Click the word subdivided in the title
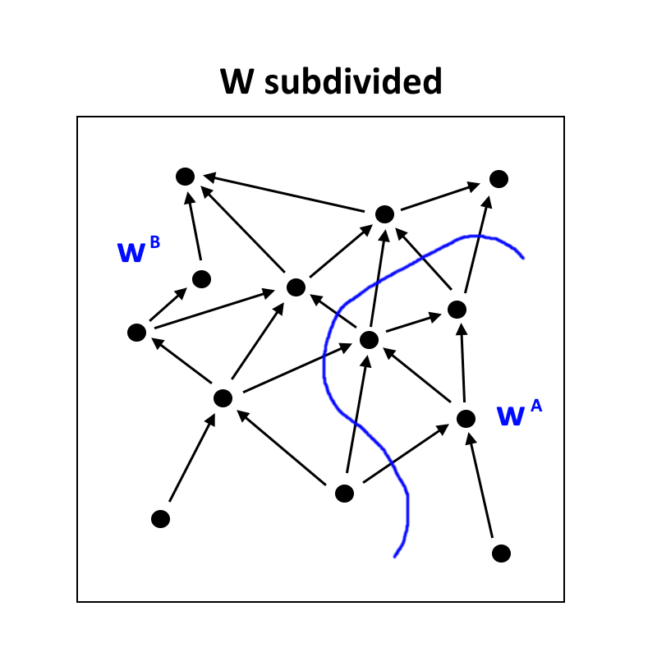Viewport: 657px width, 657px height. click(354, 82)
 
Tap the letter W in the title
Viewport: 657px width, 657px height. click(238, 82)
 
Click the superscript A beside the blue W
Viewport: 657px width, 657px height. click(536, 406)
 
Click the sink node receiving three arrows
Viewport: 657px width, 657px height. click(186, 177)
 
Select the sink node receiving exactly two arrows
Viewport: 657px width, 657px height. click(498, 178)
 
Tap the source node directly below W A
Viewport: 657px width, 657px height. click(501, 554)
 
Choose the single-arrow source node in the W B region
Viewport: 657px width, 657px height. click(161, 519)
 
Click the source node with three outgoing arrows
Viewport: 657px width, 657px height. click(345, 494)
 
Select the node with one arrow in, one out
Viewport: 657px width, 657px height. click(201, 279)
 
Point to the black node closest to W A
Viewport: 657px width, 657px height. click(466, 418)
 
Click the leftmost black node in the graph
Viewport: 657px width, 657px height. click(137, 333)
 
